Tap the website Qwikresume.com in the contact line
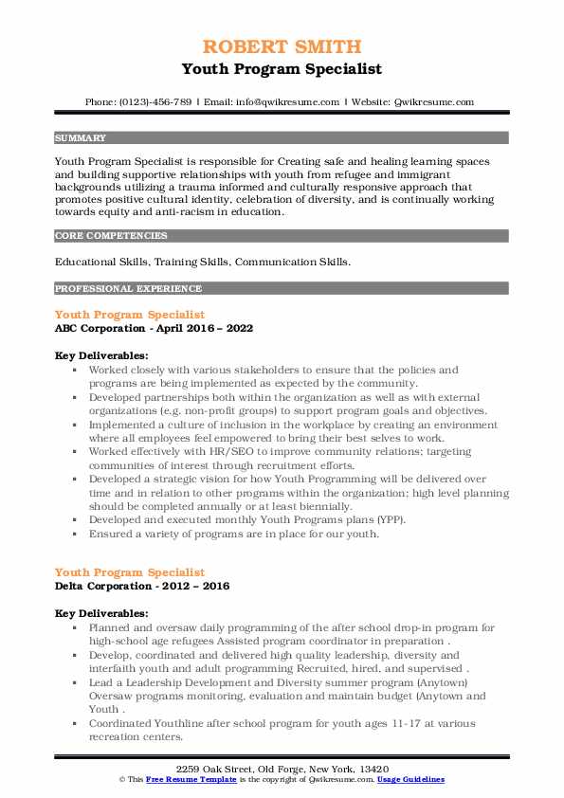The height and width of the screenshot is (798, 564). pos(435,101)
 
